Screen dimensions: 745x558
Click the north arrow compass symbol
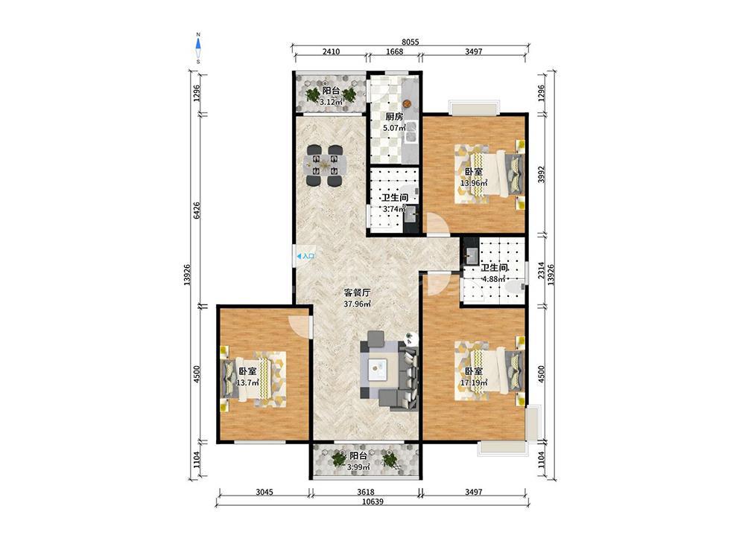(x=199, y=48)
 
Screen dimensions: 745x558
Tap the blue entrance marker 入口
(x=305, y=256)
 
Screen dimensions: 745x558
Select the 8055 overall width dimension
(x=410, y=42)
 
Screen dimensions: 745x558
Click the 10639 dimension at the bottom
(x=372, y=501)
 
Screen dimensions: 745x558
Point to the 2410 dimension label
(x=331, y=51)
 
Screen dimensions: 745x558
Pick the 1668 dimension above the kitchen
(x=394, y=51)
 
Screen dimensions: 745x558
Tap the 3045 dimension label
(x=264, y=492)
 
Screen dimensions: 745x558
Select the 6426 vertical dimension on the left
(x=197, y=211)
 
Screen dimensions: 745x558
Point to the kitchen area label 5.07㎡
(x=394, y=128)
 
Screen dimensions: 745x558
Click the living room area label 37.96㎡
(x=358, y=304)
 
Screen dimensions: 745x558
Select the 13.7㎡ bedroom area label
(x=247, y=382)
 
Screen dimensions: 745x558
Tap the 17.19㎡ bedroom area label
(x=474, y=382)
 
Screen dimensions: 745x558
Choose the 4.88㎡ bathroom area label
(x=494, y=279)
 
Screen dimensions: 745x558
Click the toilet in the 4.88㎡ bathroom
(x=515, y=286)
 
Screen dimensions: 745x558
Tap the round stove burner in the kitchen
(x=408, y=103)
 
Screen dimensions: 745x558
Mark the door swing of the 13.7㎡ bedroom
(x=299, y=326)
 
